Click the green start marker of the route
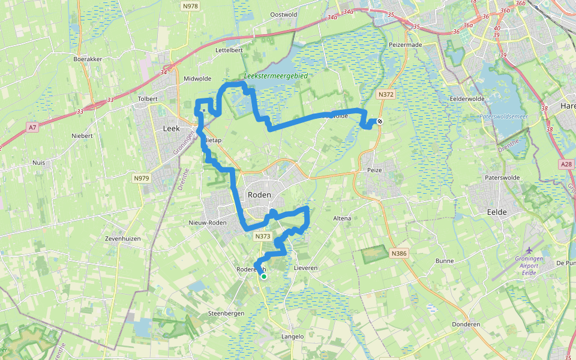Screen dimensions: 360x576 [263, 276]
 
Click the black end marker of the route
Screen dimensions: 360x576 [380, 121]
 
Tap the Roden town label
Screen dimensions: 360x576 [259, 195]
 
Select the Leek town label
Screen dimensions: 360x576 [172, 128]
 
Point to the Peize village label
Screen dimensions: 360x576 [374, 170]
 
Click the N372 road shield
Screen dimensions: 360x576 [386, 95]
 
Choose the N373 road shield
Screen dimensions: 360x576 [262, 236]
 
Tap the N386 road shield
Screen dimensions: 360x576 [400, 254]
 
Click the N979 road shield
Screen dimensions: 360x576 [142, 178]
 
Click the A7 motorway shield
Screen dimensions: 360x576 [32, 127]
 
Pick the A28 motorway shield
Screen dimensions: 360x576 [566, 164]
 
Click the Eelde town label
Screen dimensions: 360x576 [497, 212]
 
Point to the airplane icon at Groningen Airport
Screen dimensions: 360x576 [529, 250]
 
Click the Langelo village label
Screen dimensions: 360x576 [293, 337]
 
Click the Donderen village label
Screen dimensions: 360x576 [466, 324]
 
